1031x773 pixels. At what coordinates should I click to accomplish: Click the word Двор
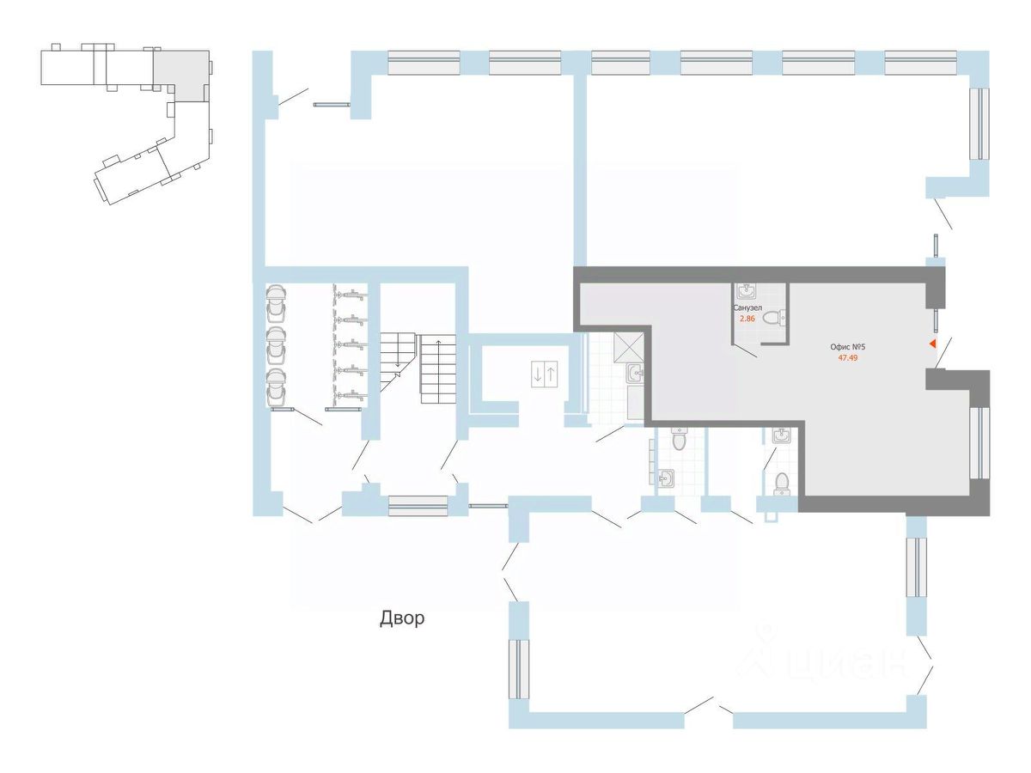tap(401, 618)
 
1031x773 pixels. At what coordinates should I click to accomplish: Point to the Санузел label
tap(747, 307)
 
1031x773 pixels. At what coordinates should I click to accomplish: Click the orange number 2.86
tap(747, 318)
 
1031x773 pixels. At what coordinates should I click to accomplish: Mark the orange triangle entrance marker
tap(933, 344)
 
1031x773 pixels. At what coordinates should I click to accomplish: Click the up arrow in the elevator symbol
tap(551, 374)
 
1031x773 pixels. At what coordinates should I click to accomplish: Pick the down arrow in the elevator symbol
tap(538, 374)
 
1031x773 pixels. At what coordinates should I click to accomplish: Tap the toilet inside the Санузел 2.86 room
tap(774, 318)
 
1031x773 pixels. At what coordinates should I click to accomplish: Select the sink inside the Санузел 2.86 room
tap(746, 291)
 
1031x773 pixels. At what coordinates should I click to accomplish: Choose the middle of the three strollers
tap(276, 345)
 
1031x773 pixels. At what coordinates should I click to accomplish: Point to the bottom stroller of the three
tap(276, 387)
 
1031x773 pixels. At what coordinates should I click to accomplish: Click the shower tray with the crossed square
tap(628, 348)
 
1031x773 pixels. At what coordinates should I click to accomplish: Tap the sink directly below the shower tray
tap(635, 374)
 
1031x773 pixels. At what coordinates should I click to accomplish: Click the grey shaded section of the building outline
tap(183, 75)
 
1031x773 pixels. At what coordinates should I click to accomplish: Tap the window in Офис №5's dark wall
tap(980, 443)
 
